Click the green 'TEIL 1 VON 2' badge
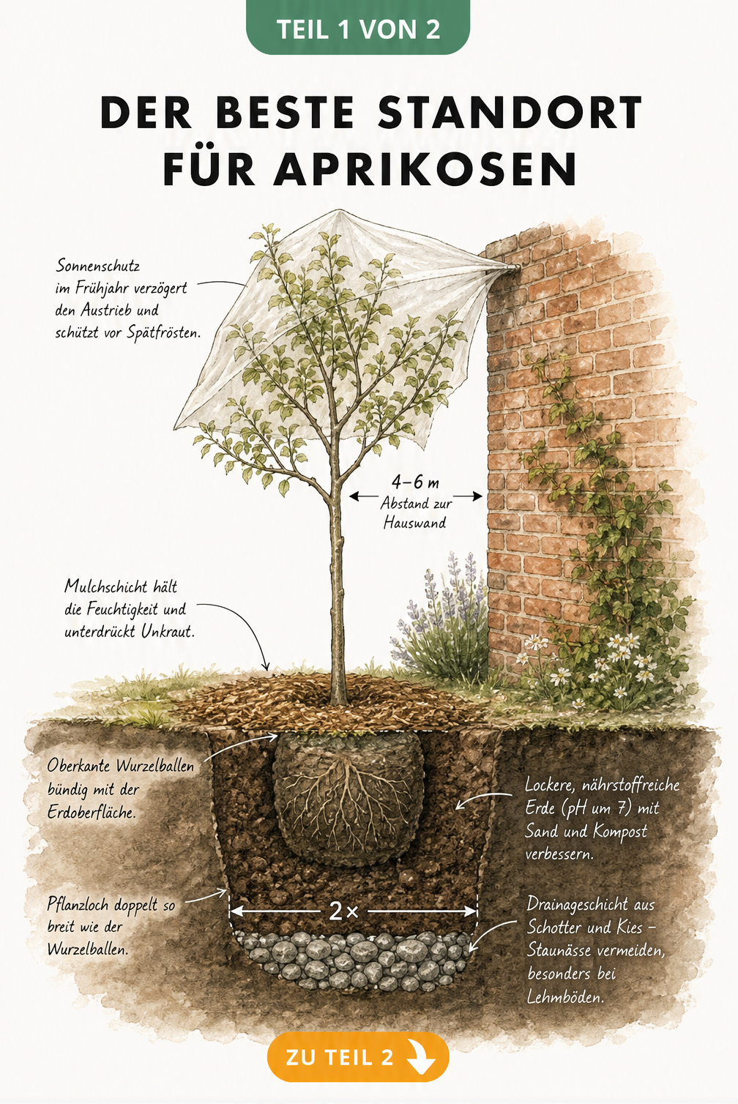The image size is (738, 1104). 358,28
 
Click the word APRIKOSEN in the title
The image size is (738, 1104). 425,169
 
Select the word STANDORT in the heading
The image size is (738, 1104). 510,112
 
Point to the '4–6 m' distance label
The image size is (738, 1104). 415,482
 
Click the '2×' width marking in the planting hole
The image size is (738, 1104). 343,911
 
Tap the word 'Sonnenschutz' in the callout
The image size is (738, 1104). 97,266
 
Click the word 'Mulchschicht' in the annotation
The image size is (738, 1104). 106,586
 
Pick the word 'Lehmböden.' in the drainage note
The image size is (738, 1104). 565,998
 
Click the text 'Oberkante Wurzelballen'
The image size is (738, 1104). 121,766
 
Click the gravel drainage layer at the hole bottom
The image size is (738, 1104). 354,958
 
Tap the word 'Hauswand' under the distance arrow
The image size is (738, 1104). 414,522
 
